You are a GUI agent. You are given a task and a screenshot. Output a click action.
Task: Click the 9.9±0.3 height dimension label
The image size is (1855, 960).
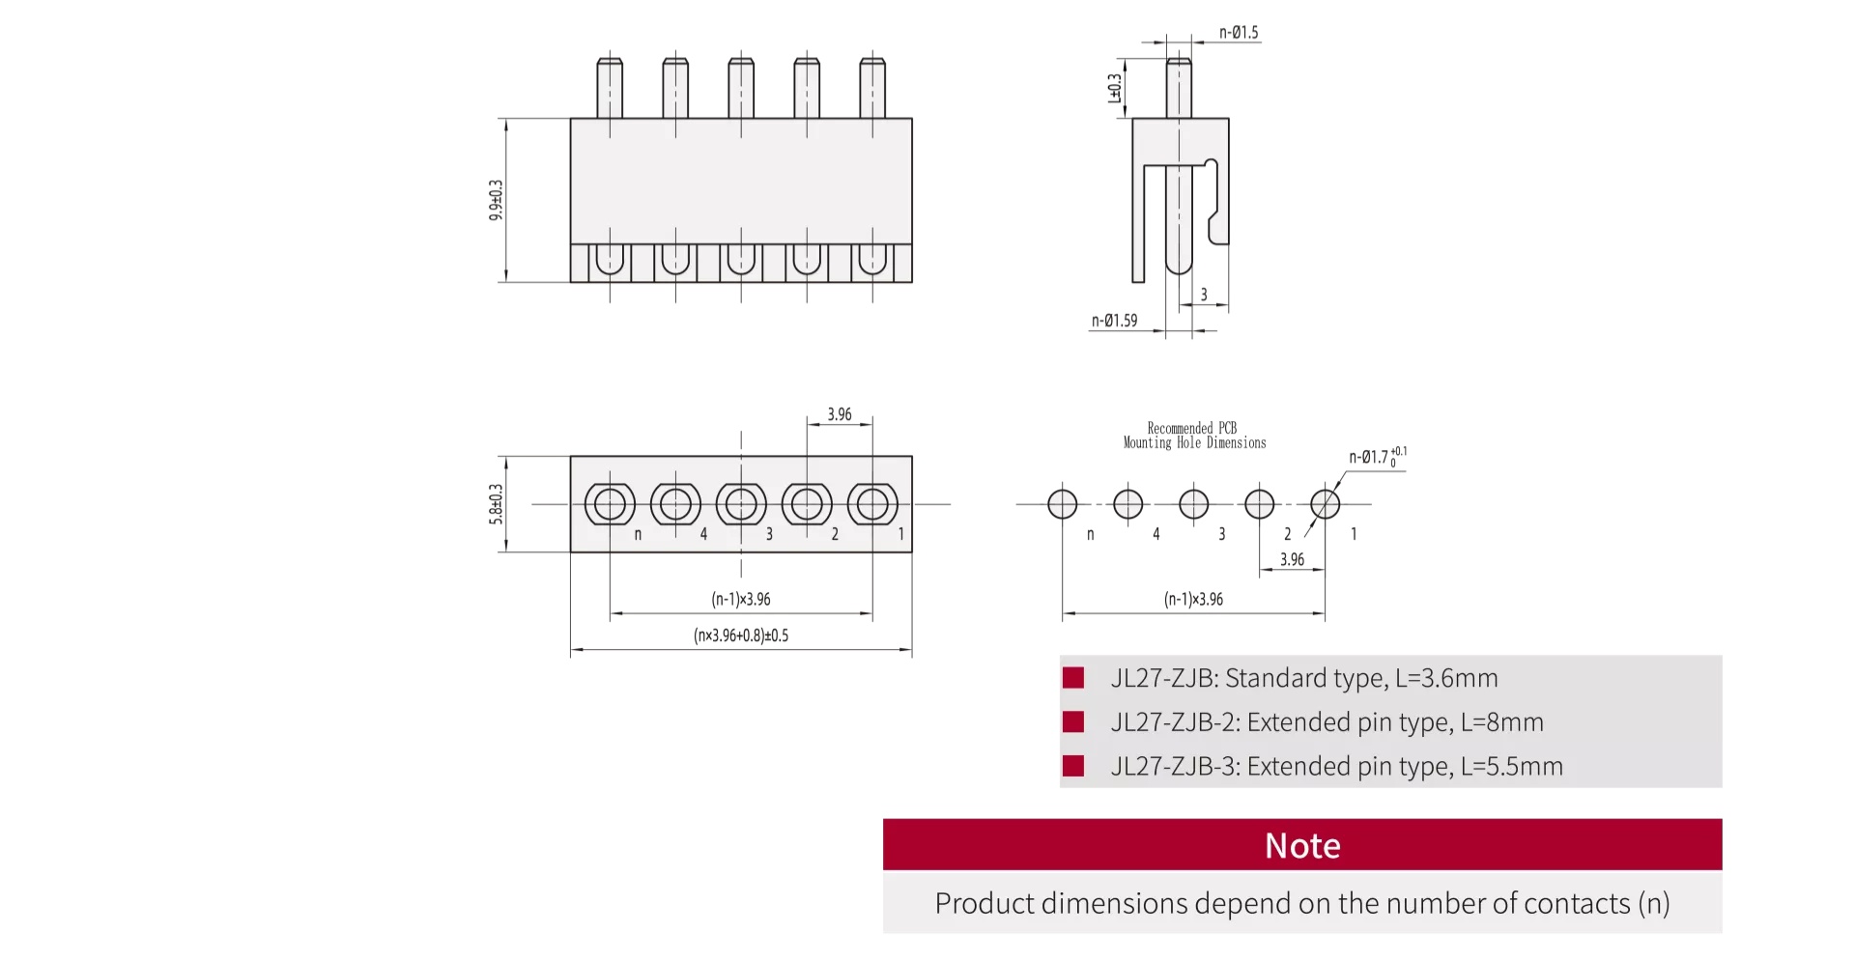(x=496, y=200)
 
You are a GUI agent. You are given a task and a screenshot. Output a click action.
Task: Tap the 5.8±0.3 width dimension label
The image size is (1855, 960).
(x=496, y=504)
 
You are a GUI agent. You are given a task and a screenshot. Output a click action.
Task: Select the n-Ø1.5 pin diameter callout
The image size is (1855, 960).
(x=1239, y=32)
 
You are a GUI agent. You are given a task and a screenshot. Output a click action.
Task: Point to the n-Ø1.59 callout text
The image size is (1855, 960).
(x=1114, y=320)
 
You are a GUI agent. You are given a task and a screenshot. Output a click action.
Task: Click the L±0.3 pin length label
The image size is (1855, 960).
(x=1114, y=88)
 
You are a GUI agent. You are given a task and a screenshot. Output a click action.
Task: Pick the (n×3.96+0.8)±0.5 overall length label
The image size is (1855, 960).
(x=741, y=635)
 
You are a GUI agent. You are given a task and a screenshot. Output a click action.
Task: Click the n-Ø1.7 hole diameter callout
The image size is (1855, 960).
(x=1378, y=455)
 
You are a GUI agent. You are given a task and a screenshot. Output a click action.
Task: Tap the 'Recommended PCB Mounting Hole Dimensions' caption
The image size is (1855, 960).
(x=1194, y=436)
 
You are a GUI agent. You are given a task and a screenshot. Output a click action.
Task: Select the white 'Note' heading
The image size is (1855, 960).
(x=1302, y=846)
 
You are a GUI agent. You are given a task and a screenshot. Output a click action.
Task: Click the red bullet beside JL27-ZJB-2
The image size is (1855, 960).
(x=1072, y=721)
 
